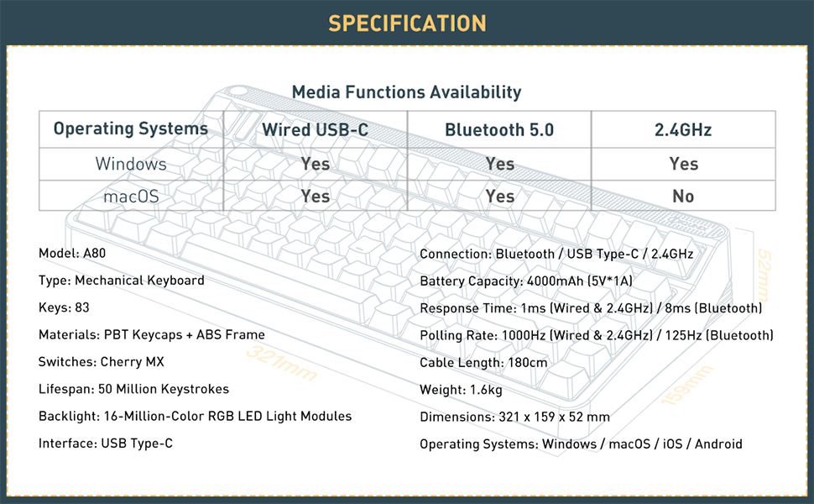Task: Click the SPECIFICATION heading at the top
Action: click(x=407, y=23)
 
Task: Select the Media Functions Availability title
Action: click(x=406, y=92)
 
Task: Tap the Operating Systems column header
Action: click(x=130, y=129)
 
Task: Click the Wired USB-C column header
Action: click(x=315, y=130)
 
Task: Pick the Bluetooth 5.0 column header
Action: click(x=499, y=130)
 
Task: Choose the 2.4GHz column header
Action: click(x=683, y=130)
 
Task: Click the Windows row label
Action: click(x=130, y=164)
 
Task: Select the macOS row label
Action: click(x=130, y=196)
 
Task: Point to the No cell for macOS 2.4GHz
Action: click(x=683, y=196)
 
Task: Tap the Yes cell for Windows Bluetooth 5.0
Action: click(x=499, y=164)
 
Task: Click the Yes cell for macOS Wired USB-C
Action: click(x=315, y=196)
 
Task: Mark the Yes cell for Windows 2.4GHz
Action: click(x=683, y=164)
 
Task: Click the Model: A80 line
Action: click(x=72, y=253)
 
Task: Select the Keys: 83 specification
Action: click(x=65, y=307)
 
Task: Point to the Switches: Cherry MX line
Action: click(x=102, y=362)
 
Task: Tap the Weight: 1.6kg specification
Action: click(x=461, y=390)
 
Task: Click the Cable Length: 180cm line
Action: click(x=483, y=363)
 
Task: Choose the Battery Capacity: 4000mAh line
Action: click(x=526, y=281)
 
